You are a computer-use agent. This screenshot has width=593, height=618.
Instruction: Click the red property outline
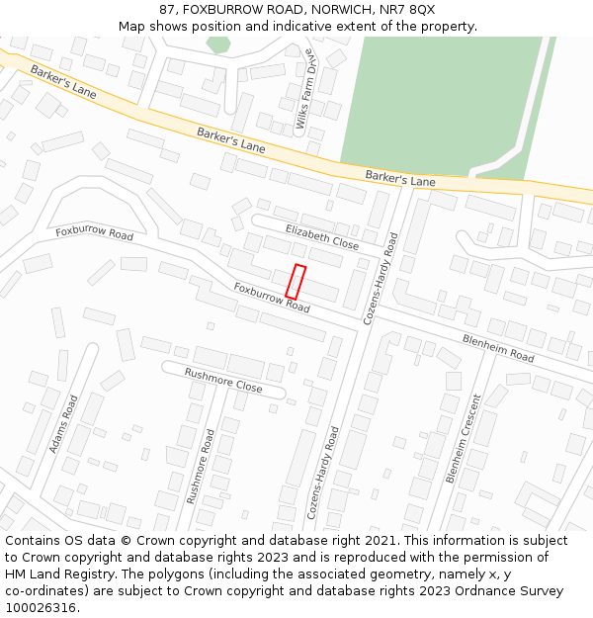296,282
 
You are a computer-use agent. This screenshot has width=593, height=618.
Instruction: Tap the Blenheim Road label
498,347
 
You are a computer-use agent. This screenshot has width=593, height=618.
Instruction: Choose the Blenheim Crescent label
463,438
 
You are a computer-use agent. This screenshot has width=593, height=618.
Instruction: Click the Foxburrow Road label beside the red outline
272,298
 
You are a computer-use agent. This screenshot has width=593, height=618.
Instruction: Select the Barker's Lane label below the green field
399,179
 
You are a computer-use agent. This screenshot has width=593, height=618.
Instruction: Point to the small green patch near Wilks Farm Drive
218,44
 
